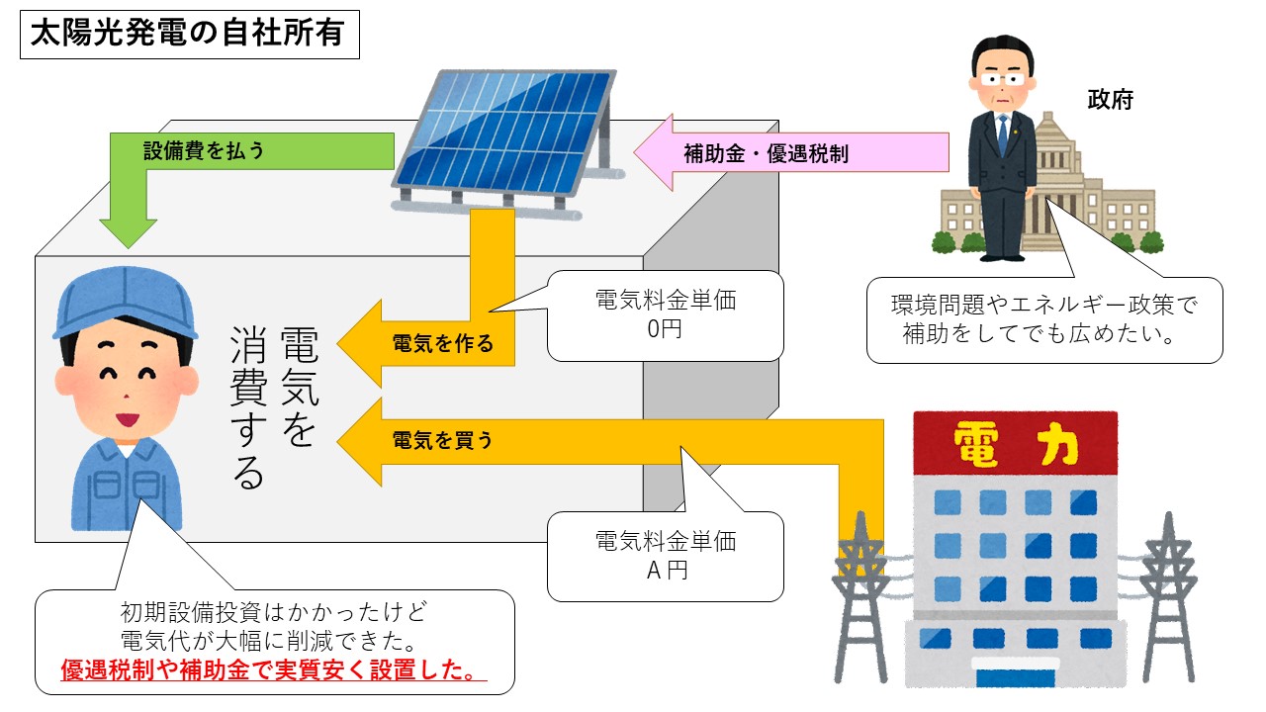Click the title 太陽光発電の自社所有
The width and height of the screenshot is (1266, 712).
pyautogui.click(x=188, y=34)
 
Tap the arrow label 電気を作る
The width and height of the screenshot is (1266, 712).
pyautogui.click(x=442, y=345)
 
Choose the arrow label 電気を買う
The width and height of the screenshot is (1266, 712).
pyautogui.click(x=442, y=440)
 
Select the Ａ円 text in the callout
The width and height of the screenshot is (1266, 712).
pyautogui.click(x=665, y=570)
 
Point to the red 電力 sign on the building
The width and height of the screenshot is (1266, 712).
pyautogui.click(x=1015, y=441)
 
